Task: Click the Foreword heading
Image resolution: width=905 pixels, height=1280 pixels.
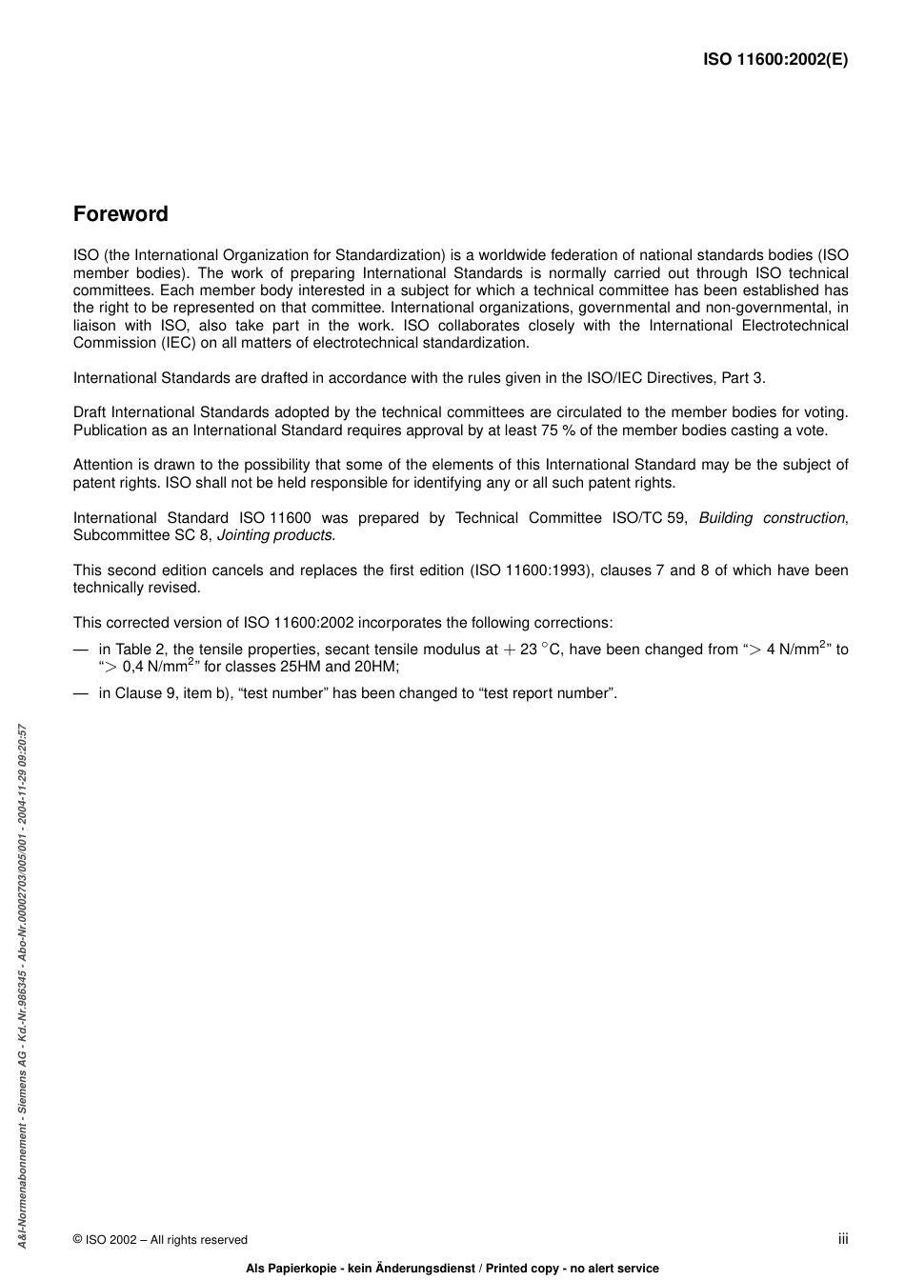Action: pyautogui.click(x=120, y=214)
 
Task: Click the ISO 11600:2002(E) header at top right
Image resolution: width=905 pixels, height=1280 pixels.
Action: pyautogui.click(x=774, y=59)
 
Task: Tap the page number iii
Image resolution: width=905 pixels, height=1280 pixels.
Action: pyautogui.click(x=843, y=1238)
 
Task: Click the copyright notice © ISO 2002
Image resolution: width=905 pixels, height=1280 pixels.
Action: pyautogui.click(x=160, y=1239)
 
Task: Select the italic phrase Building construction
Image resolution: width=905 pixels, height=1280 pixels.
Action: pyautogui.click(x=772, y=518)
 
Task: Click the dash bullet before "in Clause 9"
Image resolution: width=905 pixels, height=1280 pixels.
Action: pyautogui.click(x=80, y=693)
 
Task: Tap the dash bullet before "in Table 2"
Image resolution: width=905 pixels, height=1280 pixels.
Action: pyautogui.click(x=80, y=650)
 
